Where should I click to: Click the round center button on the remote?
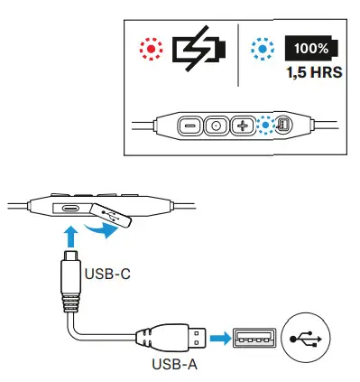[216, 126]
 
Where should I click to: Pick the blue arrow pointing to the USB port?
[218, 340]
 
